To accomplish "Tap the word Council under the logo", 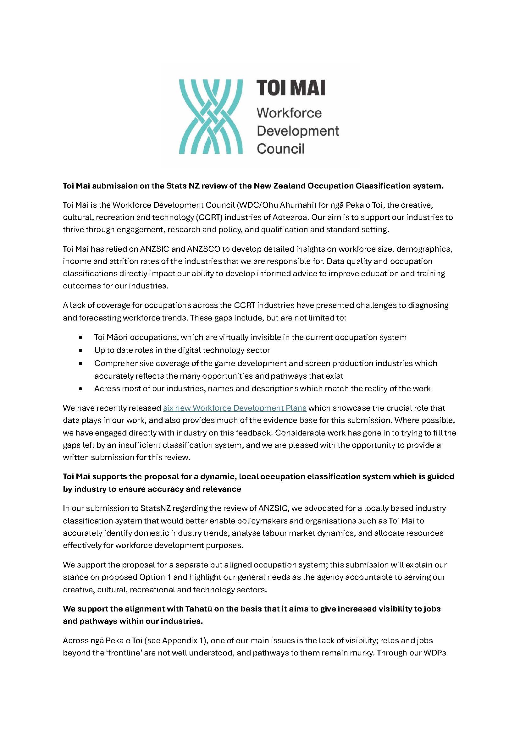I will [x=280, y=149].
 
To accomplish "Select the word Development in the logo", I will [x=298, y=131].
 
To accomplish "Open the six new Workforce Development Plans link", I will [x=235, y=408].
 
